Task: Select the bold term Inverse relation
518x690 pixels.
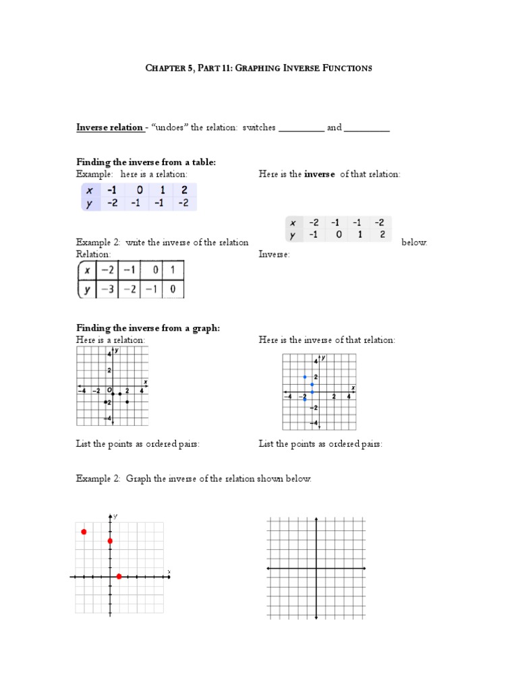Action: [109, 127]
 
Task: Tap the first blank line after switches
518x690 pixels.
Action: [301, 129]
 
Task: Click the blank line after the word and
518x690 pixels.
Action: [367, 129]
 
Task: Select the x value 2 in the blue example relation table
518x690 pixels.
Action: [182, 191]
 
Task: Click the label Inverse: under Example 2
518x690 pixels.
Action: [275, 255]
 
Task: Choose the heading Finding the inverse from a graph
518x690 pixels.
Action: [148, 328]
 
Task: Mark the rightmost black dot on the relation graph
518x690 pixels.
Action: [127, 402]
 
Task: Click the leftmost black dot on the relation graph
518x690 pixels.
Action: [106, 402]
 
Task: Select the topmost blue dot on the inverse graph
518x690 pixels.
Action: [305, 377]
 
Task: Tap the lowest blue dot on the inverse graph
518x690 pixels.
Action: [305, 400]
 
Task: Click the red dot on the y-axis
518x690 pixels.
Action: [110, 541]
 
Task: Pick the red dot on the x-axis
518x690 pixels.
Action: [119, 576]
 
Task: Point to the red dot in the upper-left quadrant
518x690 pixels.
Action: [84, 532]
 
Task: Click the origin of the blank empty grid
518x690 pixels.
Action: [316, 569]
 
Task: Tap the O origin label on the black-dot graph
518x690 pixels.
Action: [107, 389]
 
